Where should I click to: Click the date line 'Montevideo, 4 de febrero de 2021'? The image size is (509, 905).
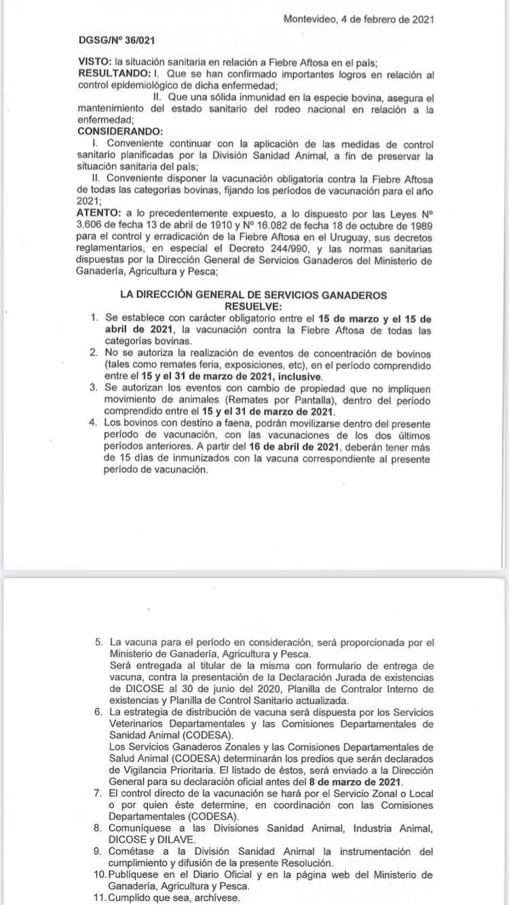(x=358, y=20)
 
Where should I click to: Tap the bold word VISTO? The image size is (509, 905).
(x=96, y=62)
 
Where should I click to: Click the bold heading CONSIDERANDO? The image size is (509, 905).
(x=121, y=130)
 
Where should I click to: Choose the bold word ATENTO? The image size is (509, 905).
(x=99, y=213)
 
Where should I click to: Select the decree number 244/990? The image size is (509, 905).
(x=301, y=249)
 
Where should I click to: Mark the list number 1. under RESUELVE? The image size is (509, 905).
(x=94, y=317)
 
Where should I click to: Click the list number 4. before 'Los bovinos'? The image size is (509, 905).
(x=94, y=423)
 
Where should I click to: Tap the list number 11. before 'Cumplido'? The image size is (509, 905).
(x=98, y=898)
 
